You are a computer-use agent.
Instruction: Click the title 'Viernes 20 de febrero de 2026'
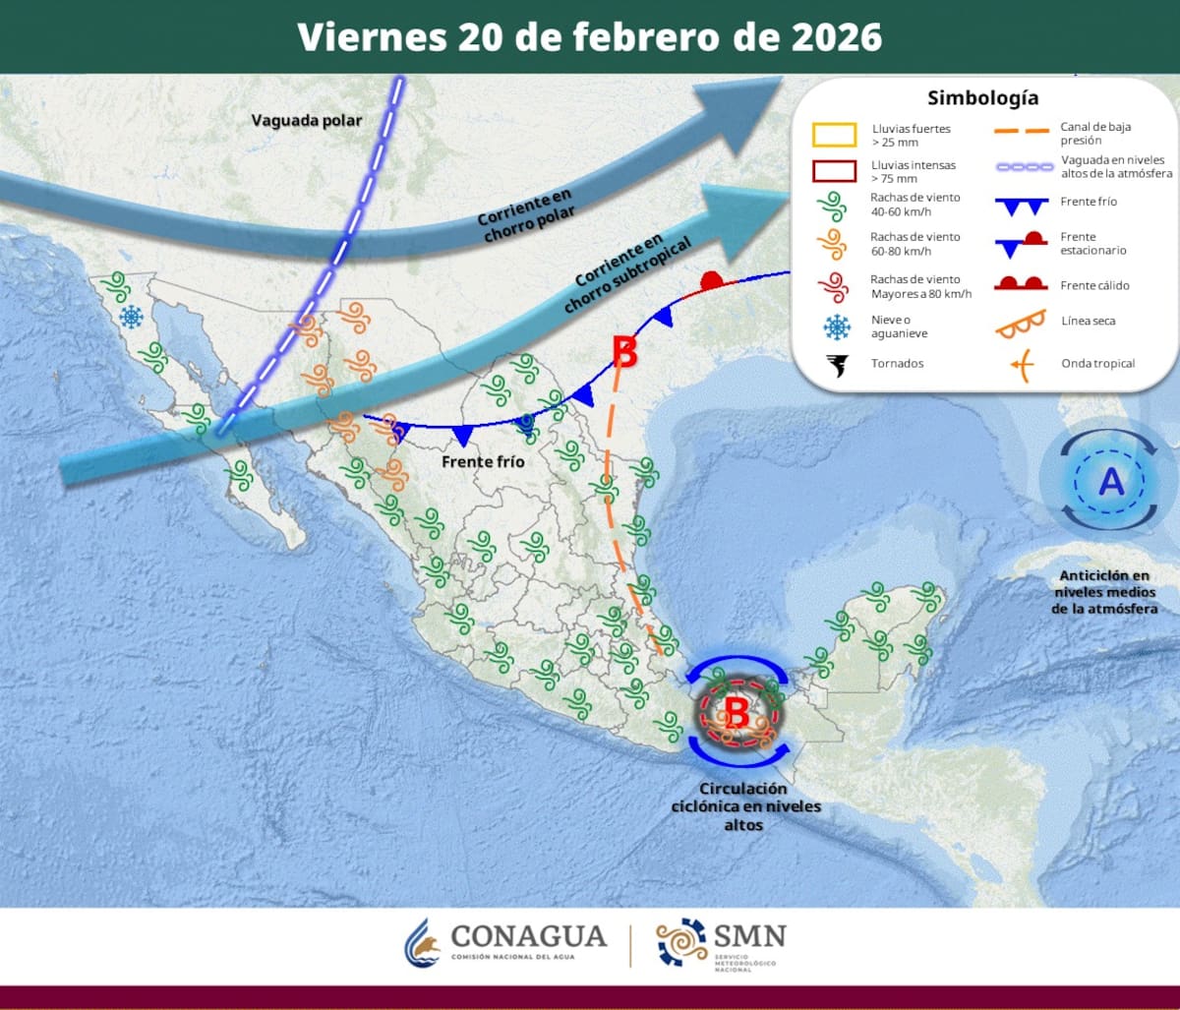coord(589,36)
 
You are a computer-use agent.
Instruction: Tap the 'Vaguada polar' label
coord(306,121)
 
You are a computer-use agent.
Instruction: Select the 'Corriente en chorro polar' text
coord(525,210)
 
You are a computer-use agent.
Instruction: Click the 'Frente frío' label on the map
coord(483,461)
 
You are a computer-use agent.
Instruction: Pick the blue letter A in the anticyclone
coord(1110,482)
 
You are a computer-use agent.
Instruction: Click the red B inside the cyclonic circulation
coord(736,712)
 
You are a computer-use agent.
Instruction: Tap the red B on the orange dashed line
coord(624,352)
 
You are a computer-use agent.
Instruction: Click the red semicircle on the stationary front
coord(711,281)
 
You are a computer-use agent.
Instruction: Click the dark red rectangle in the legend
coord(834,171)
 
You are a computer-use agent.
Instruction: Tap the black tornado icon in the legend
coord(838,366)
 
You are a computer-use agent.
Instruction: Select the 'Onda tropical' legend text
coord(1097,364)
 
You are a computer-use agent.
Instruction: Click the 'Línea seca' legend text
coord(1089,321)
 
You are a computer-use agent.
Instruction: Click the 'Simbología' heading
coord(982,98)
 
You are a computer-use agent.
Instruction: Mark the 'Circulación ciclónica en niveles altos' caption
coord(744,806)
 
